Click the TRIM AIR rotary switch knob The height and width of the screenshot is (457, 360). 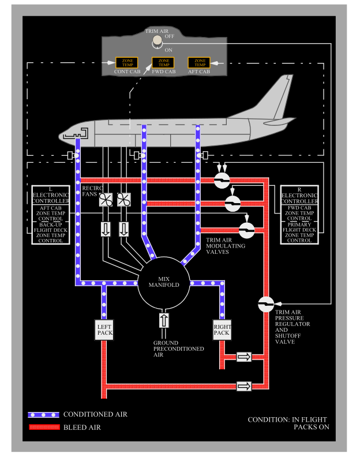(156, 41)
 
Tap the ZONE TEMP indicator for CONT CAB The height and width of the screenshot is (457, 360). (126, 62)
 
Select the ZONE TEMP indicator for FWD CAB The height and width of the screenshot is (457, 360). (163, 62)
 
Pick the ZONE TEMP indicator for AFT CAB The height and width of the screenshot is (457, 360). (200, 62)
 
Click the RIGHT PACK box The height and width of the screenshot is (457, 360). (222, 330)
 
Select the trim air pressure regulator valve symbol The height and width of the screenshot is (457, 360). (266, 304)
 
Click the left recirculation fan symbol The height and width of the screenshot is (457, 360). (106, 200)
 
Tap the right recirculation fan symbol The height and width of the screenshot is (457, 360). (124, 200)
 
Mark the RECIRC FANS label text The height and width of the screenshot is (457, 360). (93, 192)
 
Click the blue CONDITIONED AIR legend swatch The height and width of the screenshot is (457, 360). (44, 414)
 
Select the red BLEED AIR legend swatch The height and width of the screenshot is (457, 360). (44, 428)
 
